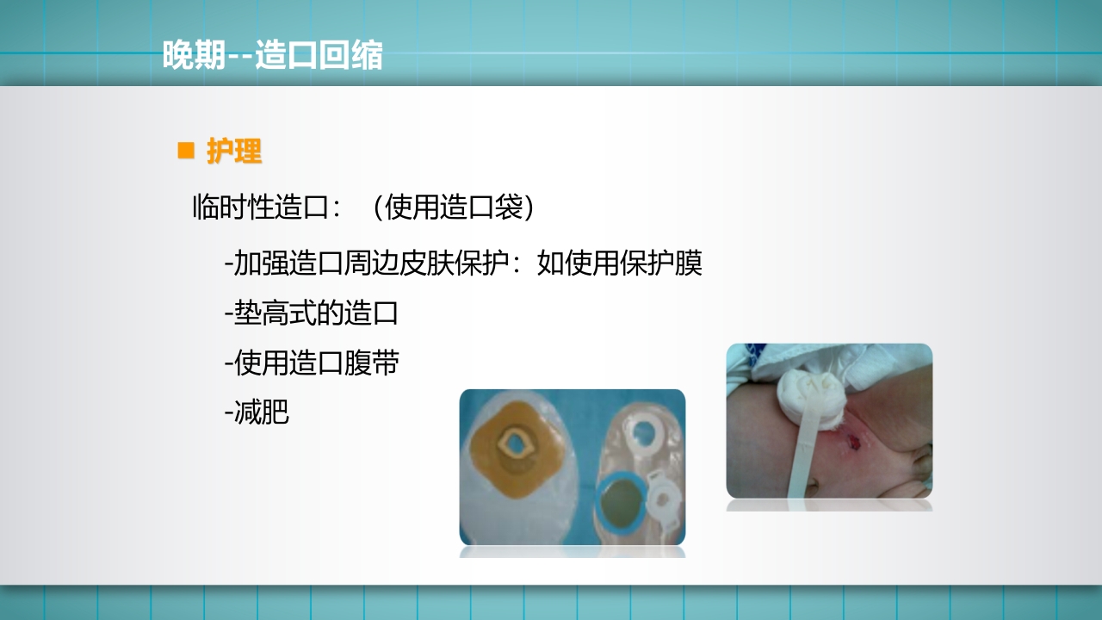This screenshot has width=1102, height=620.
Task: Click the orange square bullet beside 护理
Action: pos(185,151)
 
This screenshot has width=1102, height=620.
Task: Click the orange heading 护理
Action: pos(234,152)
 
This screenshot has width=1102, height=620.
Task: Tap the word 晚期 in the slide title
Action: pos(194,56)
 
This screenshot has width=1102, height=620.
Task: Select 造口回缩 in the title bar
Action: pos(319,56)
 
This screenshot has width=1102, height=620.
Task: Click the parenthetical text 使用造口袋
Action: pos(453,208)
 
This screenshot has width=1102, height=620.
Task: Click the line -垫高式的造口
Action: pos(311,313)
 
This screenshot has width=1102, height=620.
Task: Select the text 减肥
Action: pos(262,412)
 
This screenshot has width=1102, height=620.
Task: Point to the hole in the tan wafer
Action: pos(515,444)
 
